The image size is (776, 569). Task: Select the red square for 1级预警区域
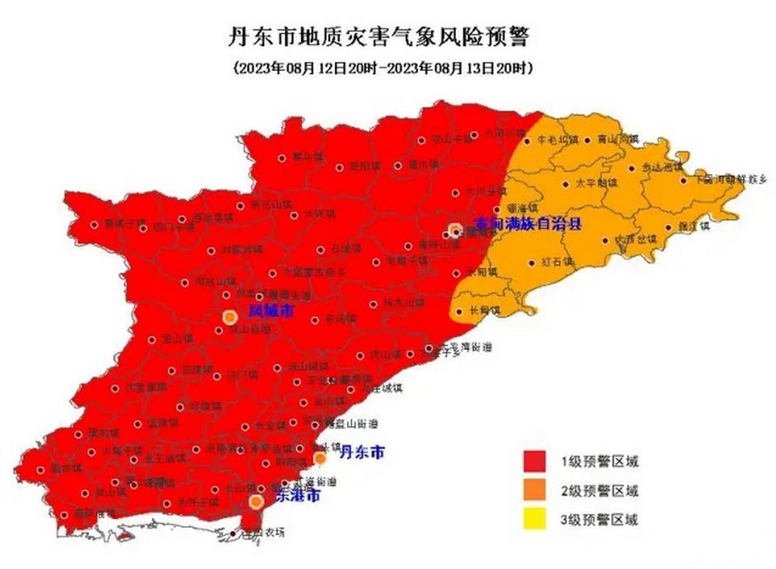click(534, 462)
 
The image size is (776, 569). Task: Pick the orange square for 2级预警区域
click(534, 491)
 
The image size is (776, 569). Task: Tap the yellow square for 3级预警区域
click(534, 519)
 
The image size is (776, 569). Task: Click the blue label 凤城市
click(270, 311)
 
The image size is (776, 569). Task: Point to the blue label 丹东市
click(362, 452)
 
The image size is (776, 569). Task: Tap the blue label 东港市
click(297, 494)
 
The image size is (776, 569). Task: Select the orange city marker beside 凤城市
click(230, 317)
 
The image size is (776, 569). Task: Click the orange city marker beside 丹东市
click(321, 459)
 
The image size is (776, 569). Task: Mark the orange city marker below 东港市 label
click(256, 502)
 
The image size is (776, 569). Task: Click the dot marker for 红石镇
click(531, 262)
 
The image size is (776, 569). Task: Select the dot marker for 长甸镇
click(457, 311)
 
